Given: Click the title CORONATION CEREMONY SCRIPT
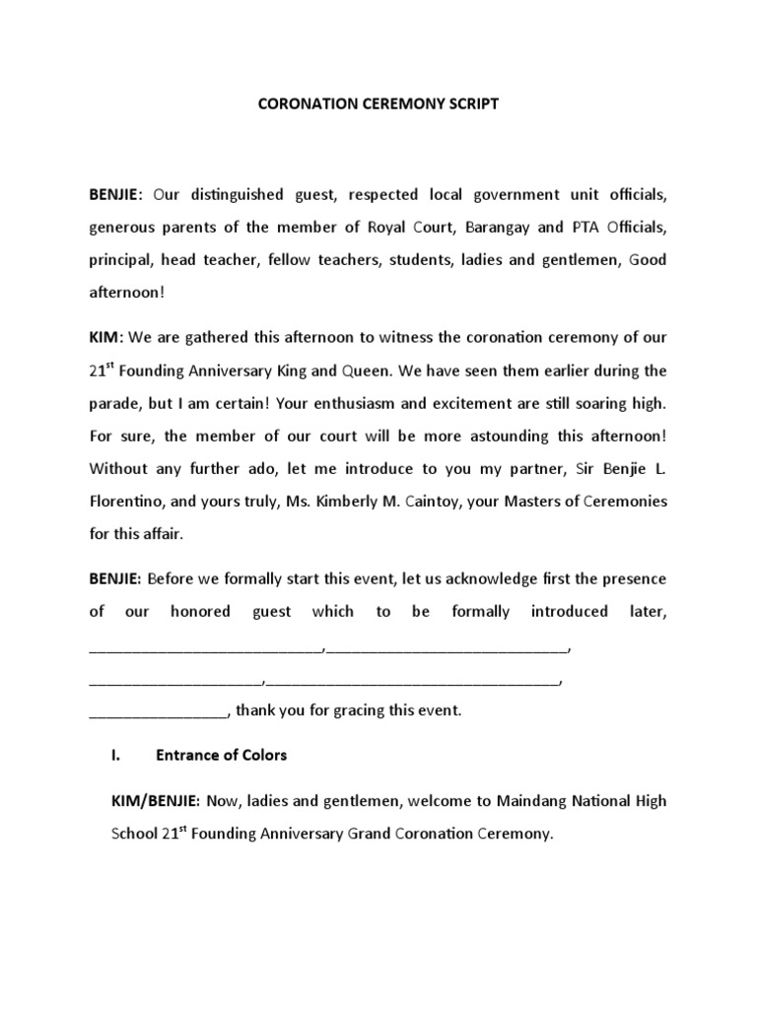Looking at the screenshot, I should [378, 103].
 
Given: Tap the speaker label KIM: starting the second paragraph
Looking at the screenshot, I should [104, 337].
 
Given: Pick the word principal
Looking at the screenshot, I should [121, 260].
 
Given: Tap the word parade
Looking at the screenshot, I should [114, 403].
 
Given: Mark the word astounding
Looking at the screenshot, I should [512, 436].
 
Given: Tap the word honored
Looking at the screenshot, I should [201, 611].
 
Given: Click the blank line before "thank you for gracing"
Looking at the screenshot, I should [158, 709].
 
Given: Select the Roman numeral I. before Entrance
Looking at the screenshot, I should [114, 755].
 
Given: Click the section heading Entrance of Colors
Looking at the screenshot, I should [222, 755].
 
